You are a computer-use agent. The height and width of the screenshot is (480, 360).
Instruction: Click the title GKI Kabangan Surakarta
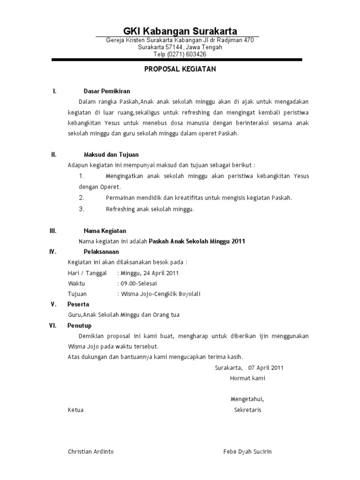point(180,31)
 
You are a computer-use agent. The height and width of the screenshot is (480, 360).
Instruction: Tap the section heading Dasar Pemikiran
point(106,91)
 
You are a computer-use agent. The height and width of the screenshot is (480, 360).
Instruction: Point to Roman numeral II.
point(53,154)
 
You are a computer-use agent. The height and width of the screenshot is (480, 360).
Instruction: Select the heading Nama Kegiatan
point(105,231)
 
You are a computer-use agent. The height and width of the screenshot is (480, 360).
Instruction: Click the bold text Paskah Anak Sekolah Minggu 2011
point(197,241)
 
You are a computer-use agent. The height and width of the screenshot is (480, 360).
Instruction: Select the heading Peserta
point(78,304)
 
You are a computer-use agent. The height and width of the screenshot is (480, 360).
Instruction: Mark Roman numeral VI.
point(53,325)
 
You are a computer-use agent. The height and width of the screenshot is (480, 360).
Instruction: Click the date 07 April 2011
point(266,367)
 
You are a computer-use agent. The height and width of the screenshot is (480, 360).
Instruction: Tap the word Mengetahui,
point(247,399)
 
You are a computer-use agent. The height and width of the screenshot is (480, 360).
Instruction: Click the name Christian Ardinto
point(91,452)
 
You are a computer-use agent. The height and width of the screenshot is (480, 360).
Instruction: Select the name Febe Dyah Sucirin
point(247,452)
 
